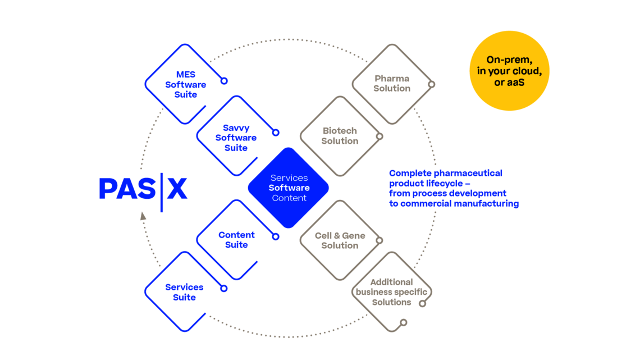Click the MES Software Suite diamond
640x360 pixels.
click(184, 84)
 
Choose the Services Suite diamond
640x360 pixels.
click(184, 292)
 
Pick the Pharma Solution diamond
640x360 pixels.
click(392, 84)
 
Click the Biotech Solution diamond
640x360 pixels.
click(340, 136)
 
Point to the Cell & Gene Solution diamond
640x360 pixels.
click(340, 240)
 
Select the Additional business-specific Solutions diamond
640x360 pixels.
click(391, 291)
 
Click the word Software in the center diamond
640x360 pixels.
click(289, 188)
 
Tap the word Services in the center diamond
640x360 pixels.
click(289, 177)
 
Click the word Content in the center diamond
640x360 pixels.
click(289, 198)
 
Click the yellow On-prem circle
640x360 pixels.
click(509, 71)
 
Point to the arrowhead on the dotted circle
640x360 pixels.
click(143, 215)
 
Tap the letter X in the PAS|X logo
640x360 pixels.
click(177, 189)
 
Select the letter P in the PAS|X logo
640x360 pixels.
click(107, 189)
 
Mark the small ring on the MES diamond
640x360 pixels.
click(224, 81)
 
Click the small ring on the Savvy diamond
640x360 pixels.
click(276, 133)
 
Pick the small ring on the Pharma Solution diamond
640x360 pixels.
click(432, 84)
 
